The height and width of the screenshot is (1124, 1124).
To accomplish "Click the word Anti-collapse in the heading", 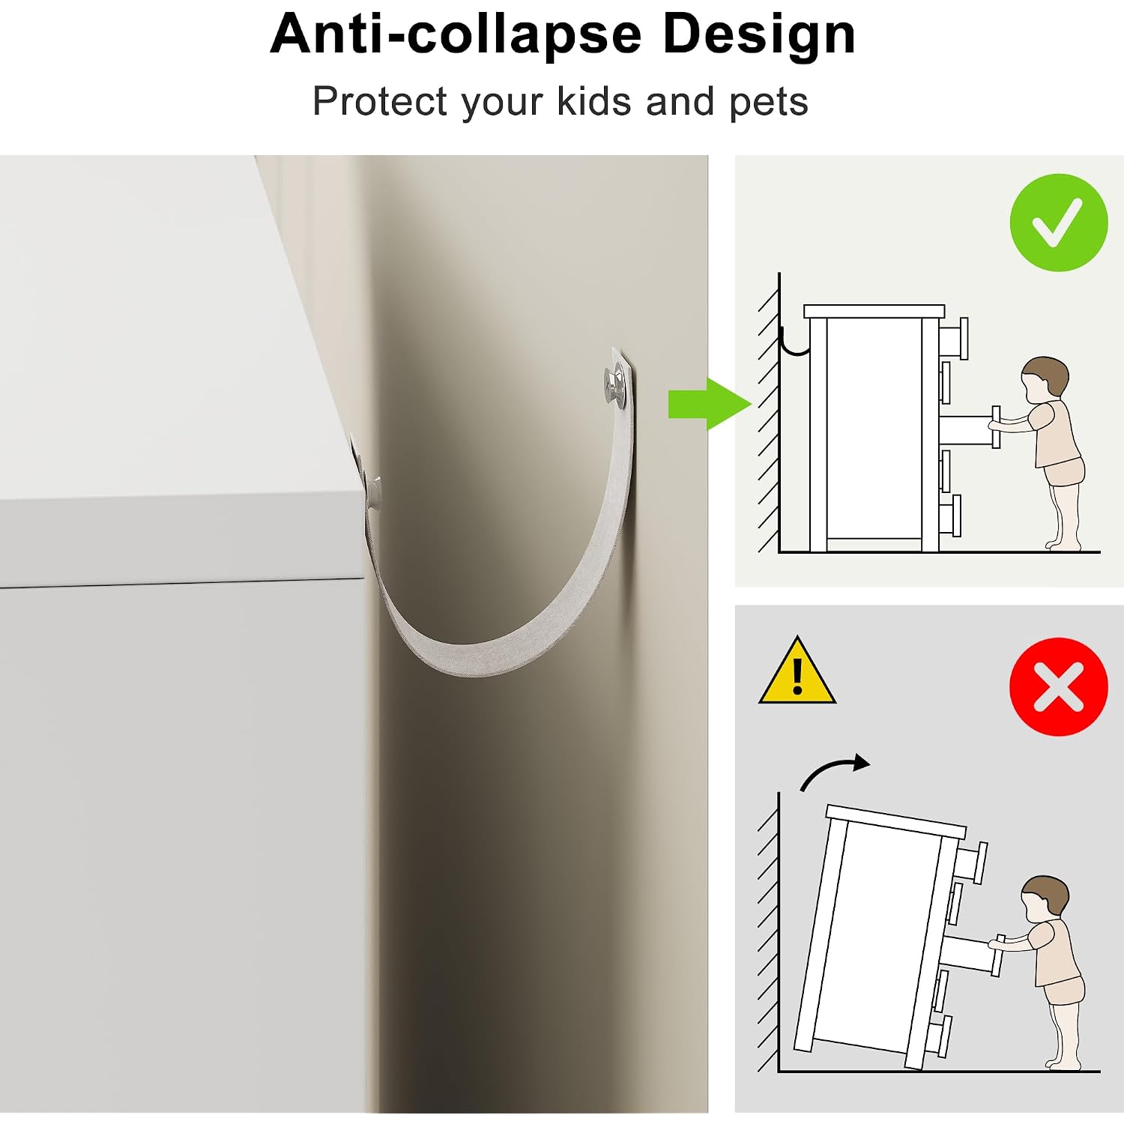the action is [456, 34].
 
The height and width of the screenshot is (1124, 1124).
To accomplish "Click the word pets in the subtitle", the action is [768, 103].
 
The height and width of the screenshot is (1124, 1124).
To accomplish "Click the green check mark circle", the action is [1058, 223].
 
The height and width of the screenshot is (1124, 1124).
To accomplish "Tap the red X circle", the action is [1058, 686].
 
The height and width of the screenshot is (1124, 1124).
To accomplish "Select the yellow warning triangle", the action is [797, 671].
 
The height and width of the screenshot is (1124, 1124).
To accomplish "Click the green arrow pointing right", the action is [709, 404].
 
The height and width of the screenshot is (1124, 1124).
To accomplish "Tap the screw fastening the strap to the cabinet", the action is [372, 491].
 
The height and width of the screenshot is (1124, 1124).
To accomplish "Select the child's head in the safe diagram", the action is [1045, 380].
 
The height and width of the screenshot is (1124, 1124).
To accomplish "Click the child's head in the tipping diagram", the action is [1045, 899].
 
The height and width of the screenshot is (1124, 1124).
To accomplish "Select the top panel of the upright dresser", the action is [874, 312].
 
